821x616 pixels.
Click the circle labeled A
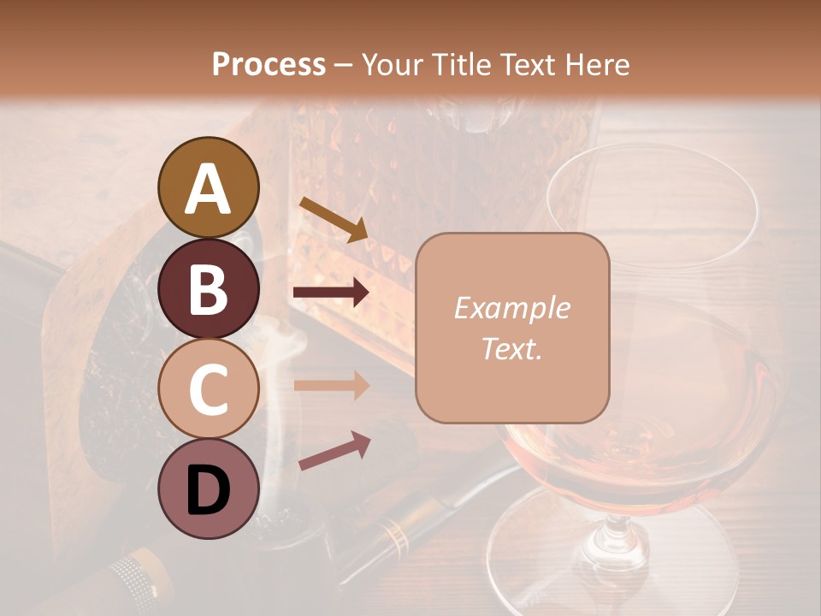coord(209,187)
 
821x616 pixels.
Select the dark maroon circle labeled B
coord(209,288)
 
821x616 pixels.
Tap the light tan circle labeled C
coord(209,388)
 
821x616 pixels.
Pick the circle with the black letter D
coord(209,489)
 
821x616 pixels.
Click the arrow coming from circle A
coord(334,218)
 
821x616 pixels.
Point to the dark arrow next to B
coord(332,293)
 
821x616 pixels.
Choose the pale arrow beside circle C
coord(332,385)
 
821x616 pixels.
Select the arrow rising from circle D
coord(334,451)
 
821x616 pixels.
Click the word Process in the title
coord(269,64)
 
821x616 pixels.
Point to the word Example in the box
coord(512,308)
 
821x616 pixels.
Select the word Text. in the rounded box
coord(512,348)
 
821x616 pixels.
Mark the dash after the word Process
coord(344,65)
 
